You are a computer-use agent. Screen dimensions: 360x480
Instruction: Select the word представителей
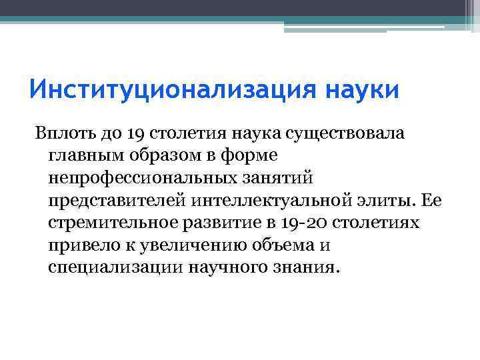point(117,199)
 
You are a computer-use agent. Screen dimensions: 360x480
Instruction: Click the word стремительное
point(111,222)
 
